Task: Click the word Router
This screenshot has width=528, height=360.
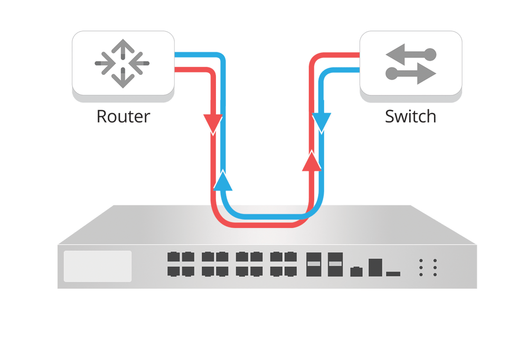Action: pos(123,116)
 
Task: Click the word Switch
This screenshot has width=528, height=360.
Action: pos(410,116)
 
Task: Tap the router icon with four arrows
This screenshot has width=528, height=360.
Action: pos(122,63)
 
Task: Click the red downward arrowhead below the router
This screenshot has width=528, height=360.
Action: pos(213,124)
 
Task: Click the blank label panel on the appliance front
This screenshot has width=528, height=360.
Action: pos(98,266)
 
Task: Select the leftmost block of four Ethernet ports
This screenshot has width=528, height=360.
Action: pos(180,264)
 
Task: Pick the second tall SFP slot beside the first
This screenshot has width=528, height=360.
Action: pos(334,264)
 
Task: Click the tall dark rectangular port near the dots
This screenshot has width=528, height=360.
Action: pos(375,267)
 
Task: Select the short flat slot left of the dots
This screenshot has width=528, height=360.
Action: pos(393,273)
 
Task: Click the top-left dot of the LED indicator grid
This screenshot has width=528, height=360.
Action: pos(421,261)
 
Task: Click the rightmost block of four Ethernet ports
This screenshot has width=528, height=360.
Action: pos(283,264)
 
